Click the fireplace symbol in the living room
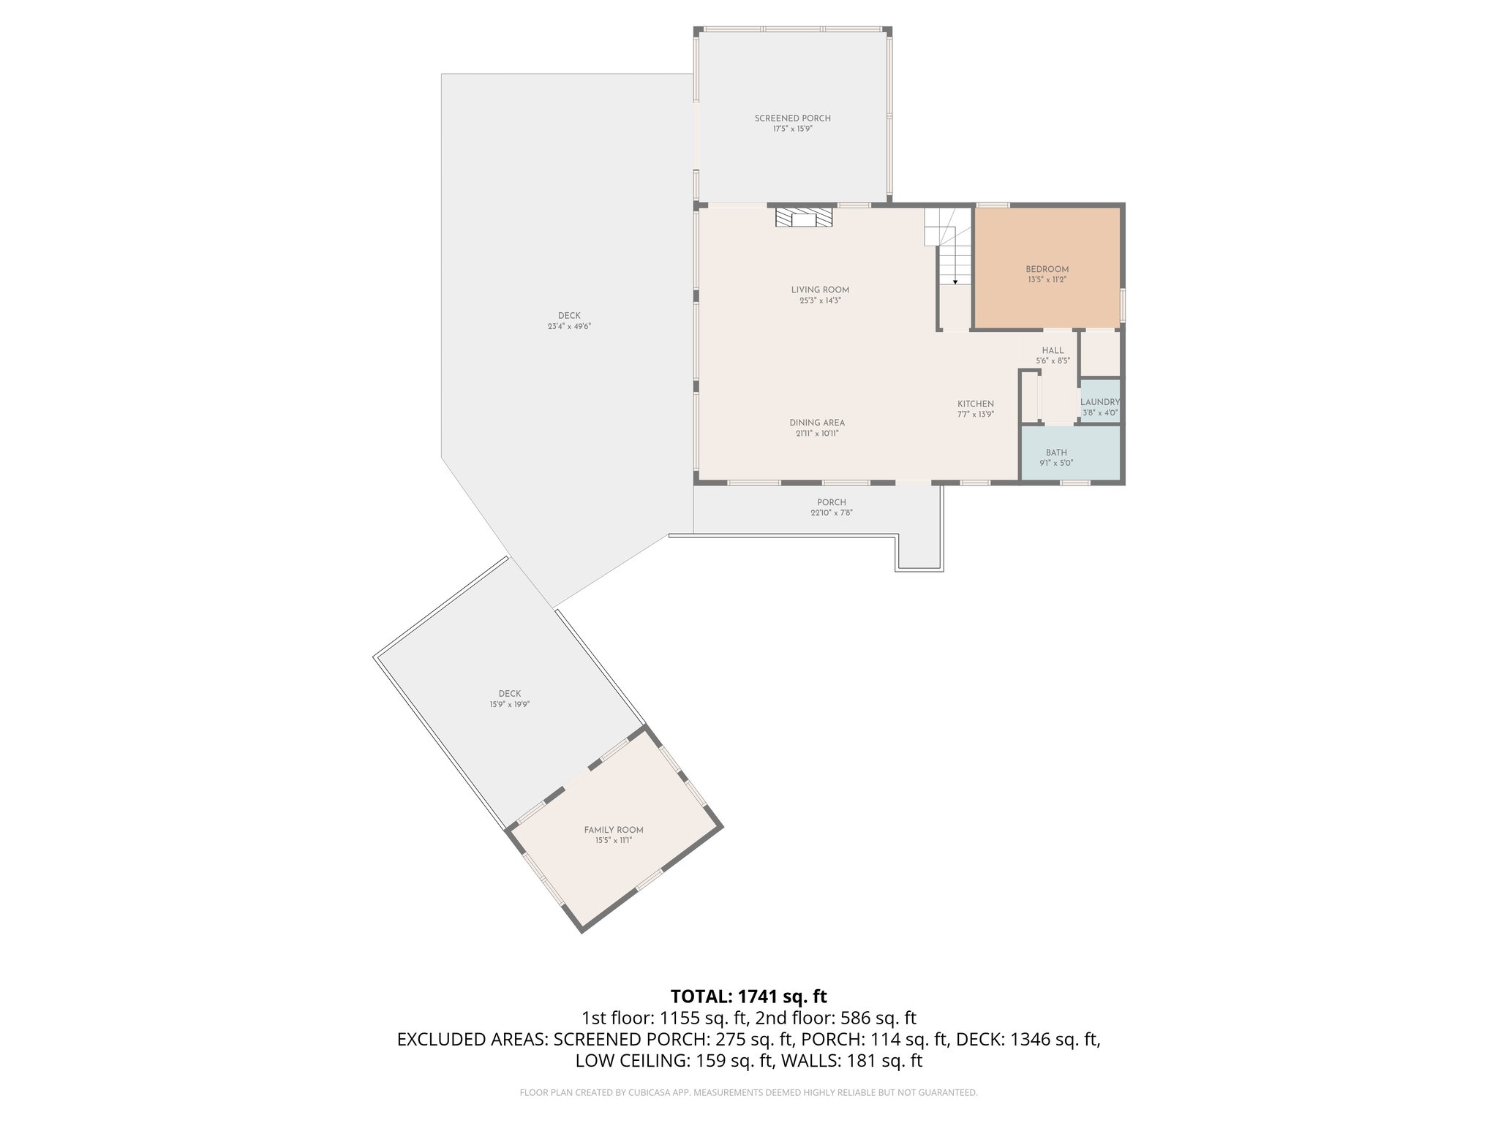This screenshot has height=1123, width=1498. pyautogui.click(x=804, y=218)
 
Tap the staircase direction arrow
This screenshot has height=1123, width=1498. pyautogui.click(x=955, y=281)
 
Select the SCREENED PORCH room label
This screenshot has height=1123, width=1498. pyautogui.click(x=792, y=118)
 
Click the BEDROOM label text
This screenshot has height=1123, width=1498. pyautogui.click(x=1047, y=269)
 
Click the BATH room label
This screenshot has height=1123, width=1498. pyautogui.click(x=1055, y=453)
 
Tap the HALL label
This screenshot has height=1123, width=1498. pyautogui.click(x=1053, y=350)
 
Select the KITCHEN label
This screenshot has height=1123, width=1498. pyautogui.click(x=976, y=404)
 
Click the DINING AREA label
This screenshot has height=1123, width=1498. pyautogui.click(x=817, y=423)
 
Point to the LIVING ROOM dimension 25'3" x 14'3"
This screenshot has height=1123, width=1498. pyautogui.click(x=820, y=300)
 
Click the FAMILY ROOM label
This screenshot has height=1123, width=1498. pyautogui.click(x=613, y=830)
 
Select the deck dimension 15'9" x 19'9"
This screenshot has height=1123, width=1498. pyautogui.click(x=510, y=705)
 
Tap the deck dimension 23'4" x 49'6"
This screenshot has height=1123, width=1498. pyautogui.click(x=569, y=327)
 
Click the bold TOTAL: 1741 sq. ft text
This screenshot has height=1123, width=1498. pyautogui.click(x=748, y=996)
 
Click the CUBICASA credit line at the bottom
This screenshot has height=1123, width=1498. pyautogui.click(x=748, y=1092)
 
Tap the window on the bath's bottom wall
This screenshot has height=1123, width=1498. pyautogui.click(x=1074, y=483)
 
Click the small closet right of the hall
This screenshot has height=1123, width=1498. pyautogui.click(x=1100, y=354)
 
